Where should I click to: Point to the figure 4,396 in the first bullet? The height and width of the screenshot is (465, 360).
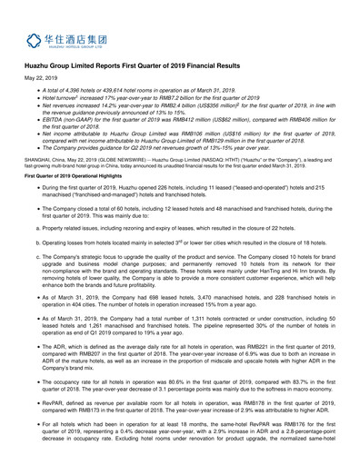coord(75,108)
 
